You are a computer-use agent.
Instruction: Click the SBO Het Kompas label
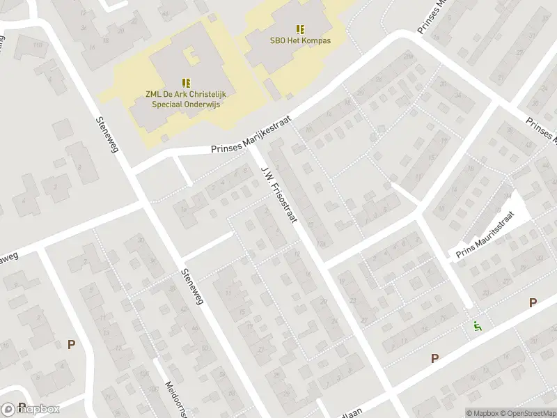300,40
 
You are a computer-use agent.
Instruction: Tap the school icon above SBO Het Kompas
300,29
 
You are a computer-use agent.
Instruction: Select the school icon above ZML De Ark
186,82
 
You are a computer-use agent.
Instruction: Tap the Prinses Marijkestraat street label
252,136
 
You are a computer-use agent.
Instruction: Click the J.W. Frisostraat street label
279,194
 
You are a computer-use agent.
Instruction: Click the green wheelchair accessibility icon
477,325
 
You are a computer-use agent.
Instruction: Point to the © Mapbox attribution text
481,413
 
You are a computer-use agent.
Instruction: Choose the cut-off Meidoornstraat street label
173,398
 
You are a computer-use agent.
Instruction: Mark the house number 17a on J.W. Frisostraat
321,244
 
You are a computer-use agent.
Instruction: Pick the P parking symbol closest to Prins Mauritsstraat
533,302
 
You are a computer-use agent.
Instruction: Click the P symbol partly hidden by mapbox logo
22,406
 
